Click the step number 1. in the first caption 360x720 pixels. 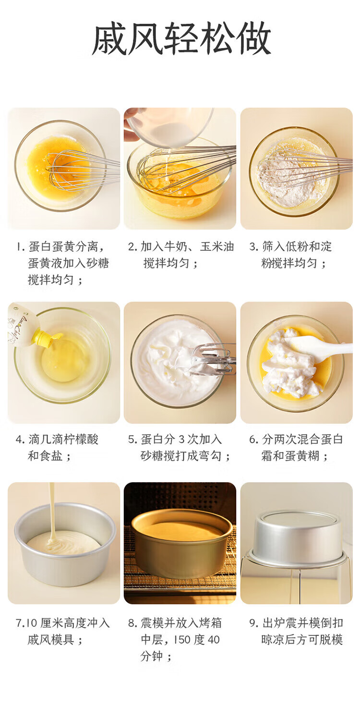point(21,247)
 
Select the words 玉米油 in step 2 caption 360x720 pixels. point(217,246)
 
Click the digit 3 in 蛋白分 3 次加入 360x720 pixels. point(181,439)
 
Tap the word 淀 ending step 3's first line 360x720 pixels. point(325,246)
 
